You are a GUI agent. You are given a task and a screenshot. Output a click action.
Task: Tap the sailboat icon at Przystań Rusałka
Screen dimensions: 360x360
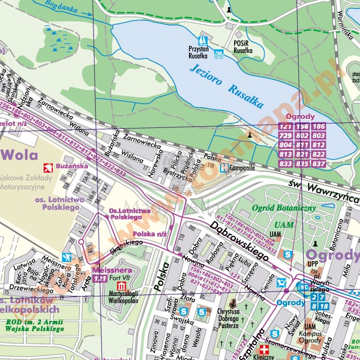[203, 40]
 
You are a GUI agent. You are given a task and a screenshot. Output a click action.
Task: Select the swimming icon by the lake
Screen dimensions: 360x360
[219, 53]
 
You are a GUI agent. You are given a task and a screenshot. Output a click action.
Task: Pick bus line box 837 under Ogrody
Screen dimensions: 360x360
[318, 163]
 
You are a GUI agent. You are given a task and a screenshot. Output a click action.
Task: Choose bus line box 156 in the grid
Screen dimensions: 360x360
[302, 127]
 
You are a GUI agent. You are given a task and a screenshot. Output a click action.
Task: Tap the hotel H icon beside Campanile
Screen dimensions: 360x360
[223, 167]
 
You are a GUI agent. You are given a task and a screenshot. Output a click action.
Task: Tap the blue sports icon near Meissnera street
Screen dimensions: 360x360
[66, 257]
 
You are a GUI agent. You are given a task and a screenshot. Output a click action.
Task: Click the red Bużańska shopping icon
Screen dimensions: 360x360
[47, 167]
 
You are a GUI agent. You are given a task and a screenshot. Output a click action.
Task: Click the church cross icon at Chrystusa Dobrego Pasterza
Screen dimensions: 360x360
[233, 305]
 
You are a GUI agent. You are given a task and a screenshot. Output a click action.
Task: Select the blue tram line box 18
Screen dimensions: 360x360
[323, 306]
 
